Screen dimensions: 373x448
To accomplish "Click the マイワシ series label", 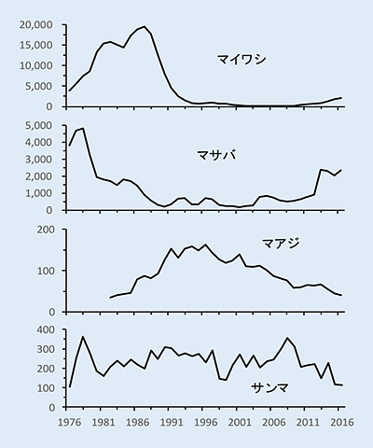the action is (242, 59).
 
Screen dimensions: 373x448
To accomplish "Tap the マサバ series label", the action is (216, 155).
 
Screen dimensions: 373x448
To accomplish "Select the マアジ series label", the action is (281, 243).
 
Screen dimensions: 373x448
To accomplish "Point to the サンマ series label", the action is (269, 388).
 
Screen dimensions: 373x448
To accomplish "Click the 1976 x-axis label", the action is (66, 423).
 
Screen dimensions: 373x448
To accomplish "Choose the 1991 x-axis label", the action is (169, 423).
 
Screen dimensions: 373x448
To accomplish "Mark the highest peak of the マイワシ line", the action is (145, 26).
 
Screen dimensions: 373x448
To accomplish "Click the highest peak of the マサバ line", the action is (83, 128).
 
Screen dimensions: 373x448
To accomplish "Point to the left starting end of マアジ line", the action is (110, 298).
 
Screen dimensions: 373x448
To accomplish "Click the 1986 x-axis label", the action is (135, 423).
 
